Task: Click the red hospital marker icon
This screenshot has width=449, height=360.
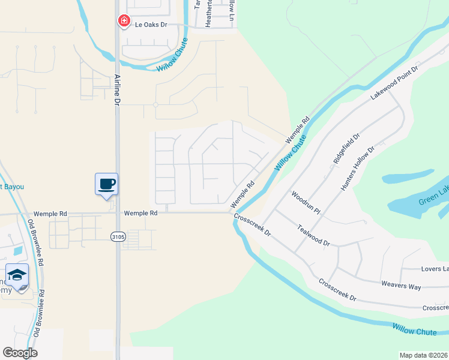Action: (124, 21)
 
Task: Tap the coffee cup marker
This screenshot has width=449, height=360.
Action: (106, 184)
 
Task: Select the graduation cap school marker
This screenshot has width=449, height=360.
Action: (17, 275)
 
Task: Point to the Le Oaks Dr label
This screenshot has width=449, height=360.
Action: (150, 25)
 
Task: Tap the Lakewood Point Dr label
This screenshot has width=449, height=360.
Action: (393, 82)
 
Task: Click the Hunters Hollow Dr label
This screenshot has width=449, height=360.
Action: (358, 167)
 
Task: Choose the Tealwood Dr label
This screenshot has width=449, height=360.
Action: (314, 235)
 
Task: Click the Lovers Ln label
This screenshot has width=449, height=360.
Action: (434, 268)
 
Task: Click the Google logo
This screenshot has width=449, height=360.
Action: (20, 353)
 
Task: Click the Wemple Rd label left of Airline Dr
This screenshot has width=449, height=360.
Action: (49, 213)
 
